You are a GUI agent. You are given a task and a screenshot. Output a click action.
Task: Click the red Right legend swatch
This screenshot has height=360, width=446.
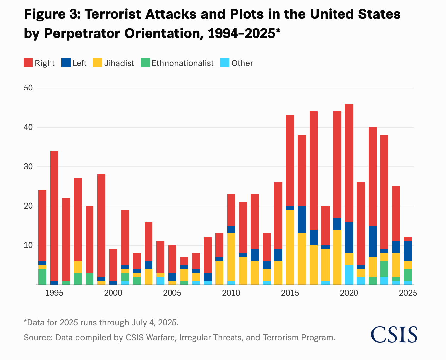coord(28,63)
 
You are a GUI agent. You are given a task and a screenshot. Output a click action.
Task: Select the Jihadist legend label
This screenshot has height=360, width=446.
coord(119,63)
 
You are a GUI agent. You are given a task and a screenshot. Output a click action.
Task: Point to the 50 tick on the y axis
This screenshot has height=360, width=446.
coord(28,88)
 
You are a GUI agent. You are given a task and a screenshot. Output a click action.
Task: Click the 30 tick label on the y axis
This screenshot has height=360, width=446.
coord(28,167)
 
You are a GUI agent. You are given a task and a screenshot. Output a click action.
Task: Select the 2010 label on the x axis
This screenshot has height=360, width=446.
coord(231,293)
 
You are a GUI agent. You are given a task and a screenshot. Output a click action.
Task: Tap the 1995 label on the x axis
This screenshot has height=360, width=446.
coord(54,293)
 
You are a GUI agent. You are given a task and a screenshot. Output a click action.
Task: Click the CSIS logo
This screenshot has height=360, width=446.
coord(394,334)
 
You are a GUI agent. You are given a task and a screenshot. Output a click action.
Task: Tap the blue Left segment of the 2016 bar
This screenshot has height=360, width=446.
coord(302,220)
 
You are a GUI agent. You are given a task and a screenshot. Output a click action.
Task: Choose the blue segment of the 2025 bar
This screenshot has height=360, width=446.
coord(408,251)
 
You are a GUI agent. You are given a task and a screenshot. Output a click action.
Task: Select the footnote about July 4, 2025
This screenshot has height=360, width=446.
coord(101,322)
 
